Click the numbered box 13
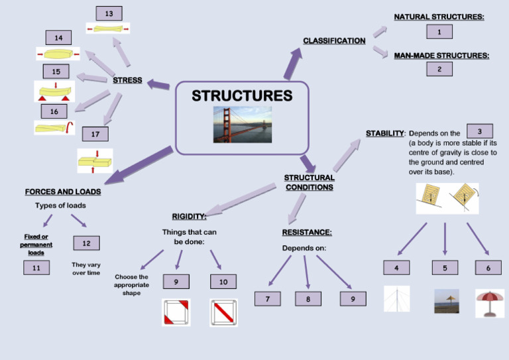click(x=109, y=13)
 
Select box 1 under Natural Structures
click(x=439, y=31)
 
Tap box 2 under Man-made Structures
click(x=439, y=68)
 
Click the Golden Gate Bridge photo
click(x=242, y=124)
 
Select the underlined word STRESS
click(x=127, y=80)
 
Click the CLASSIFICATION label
click(x=334, y=41)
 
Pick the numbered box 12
click(x=86, y=243)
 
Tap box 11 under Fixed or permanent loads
click(x=36, y=268)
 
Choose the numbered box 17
click(x=95, y=134)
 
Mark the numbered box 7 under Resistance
click(x=268, y=299)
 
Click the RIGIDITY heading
click(x=189, y=216)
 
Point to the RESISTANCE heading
click(x=307, y=232)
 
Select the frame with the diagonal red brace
click(x=223, y=312)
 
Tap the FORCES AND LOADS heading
click(x=63, y=192)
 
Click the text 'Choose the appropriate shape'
click(x=131, y=284)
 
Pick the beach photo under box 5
click(x=446, y=301)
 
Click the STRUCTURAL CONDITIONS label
click(x=310, y=182)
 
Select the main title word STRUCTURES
click(x=242, y=96)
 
